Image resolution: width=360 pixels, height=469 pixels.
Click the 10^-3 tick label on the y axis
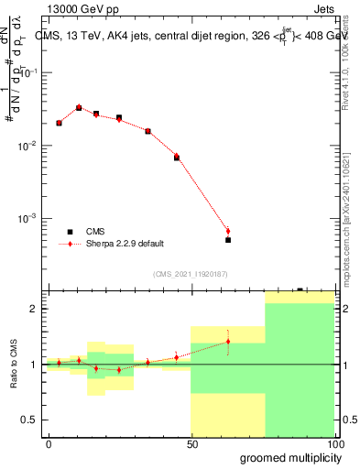click(x=28, y=219)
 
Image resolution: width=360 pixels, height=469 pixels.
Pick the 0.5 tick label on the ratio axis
click(x=30, y=420)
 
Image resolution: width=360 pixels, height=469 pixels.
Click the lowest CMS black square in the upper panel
click(x=228, y=240)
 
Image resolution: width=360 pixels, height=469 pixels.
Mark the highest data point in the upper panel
click(x=79, y=107)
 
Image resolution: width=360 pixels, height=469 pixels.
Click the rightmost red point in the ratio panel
click(x=228, y=342)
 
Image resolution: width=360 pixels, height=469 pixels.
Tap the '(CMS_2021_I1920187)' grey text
click(x=189, y=272)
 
